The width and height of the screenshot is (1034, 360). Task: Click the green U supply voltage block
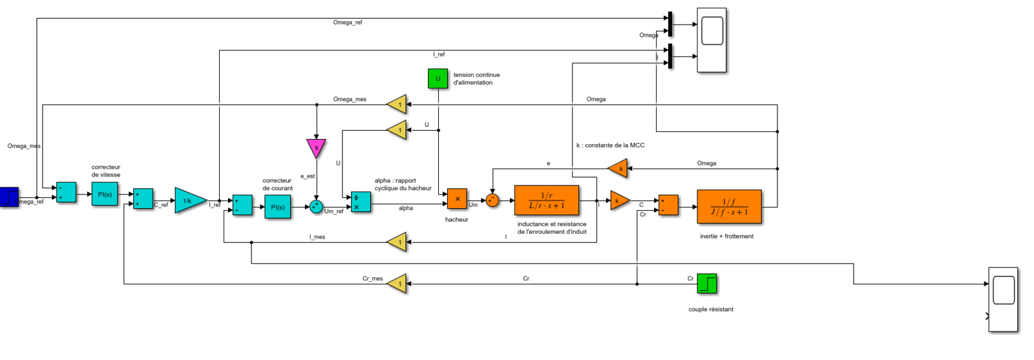click(438, 78)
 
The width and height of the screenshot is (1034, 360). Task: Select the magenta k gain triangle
click(316, 147)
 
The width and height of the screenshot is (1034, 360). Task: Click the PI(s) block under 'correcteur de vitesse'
click(105, 194)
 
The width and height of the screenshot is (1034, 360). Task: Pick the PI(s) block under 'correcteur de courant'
click(277, 207)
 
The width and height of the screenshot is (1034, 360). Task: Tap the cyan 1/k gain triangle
click(189, 201)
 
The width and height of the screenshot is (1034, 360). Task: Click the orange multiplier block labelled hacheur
click(457, 198)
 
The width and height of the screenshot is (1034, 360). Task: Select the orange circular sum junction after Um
click(492, 200)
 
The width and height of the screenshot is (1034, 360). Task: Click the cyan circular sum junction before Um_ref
click(316, 206)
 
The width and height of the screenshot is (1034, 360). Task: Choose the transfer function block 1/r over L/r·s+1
click(546, 200)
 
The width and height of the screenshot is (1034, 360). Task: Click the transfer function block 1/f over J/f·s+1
click(729, 207)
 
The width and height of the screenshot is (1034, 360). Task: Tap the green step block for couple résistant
click(707, 284)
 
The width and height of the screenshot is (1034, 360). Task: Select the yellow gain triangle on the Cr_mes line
click(398, 284)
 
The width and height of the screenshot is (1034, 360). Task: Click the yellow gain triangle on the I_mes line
click(398, 242)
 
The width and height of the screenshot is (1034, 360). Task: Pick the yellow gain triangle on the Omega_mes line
click(398, 104)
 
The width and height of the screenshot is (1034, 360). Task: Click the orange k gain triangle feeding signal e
click(619, 169)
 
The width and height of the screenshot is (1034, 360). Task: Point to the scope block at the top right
click(712, 40)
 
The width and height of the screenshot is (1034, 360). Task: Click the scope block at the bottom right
click(1003, 299)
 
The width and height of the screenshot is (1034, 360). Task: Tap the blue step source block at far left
click(9, 196)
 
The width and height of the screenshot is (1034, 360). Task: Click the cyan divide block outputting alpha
click(361, 202)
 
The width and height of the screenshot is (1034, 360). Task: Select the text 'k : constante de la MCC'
click(610, 145)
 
